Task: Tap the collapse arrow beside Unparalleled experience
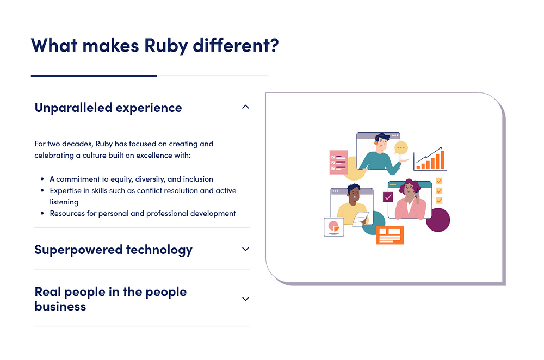pyautogui.click(x=245, y=107)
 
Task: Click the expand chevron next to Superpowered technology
pyautogui.click(x=245, y=249)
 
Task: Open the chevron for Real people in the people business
pyautogui.click(x=245, y=299)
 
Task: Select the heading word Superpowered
pyautogui.click(x=78, y=250)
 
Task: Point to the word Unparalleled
pyautogui.click(x=73, y=108)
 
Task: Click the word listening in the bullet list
pyautogui.click(x=64, y=202)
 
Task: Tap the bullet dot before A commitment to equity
pyautogui.click(x=42, y=179)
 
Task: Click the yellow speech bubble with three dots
pyautogui.click(x=401, y=148)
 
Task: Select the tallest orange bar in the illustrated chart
pyautogui.click(x=442, y=159)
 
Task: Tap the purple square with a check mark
pyautogui.click(x=388, y=197)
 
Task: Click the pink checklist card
pyautogui.click(x=338, y=162)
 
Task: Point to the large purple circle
pyautogui.click(x=438, y=220)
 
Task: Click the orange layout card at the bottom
pyautogui.click(x=390, y=235)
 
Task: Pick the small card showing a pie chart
pyautogui.click(x=334, y=227)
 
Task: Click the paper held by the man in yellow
pyautogui.click(x=361, y=219)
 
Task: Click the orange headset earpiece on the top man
pyautogui.click(x=376, y=142)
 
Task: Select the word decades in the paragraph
pyautogui.click(x=77, y=144)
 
